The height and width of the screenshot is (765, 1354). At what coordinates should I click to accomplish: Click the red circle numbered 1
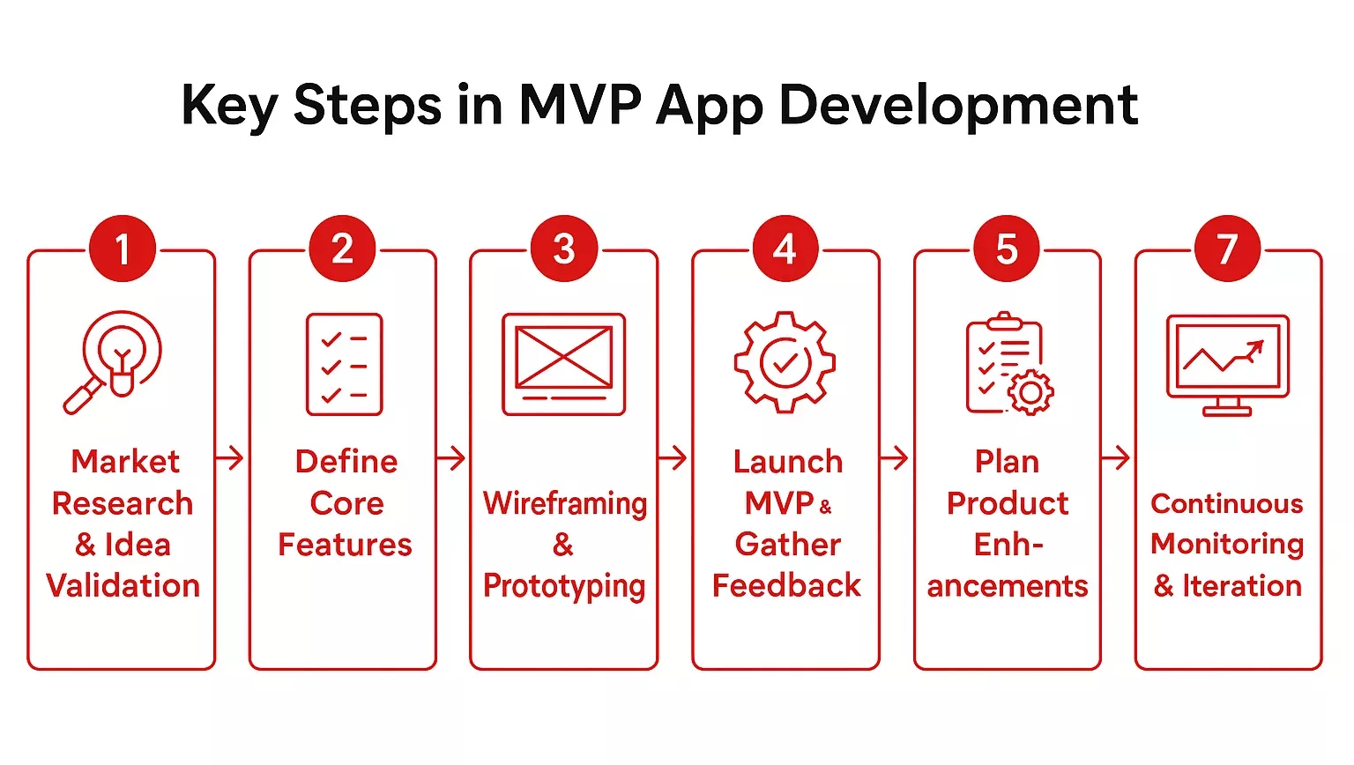tap(123, 249)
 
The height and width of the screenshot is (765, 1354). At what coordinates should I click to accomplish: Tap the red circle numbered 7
tap(1227, 249)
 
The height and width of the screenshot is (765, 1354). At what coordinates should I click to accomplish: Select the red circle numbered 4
tap(785, 249)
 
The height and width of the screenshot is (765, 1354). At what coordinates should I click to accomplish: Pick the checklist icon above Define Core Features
tap(344, 364)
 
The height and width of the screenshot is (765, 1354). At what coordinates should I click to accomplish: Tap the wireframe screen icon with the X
tap(564, 364)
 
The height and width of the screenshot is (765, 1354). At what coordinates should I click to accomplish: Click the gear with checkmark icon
tap(785, 361)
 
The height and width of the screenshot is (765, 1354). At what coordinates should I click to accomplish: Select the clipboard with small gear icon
tap(1008, 363)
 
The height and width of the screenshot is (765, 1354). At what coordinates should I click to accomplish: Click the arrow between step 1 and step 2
tap(230, 458)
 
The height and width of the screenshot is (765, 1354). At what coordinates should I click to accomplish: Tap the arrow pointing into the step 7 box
tap(1116, 458)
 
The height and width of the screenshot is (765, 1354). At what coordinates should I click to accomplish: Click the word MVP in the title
tap(579, 105)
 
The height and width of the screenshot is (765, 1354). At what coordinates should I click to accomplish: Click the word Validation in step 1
tap(123, 586)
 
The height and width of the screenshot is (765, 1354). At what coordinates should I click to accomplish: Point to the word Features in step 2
tap(345, 545)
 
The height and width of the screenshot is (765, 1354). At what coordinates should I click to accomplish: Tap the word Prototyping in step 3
tap(564, 586)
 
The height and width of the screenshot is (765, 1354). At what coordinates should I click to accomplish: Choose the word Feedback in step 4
tap(786, 586)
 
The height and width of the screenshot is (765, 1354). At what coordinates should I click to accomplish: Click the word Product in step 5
tap(1008, 503)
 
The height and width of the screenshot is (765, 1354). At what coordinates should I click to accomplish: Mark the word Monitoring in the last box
tap(1227, 545)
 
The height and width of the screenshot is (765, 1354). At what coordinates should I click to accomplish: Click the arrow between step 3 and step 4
tap(673, 458)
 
